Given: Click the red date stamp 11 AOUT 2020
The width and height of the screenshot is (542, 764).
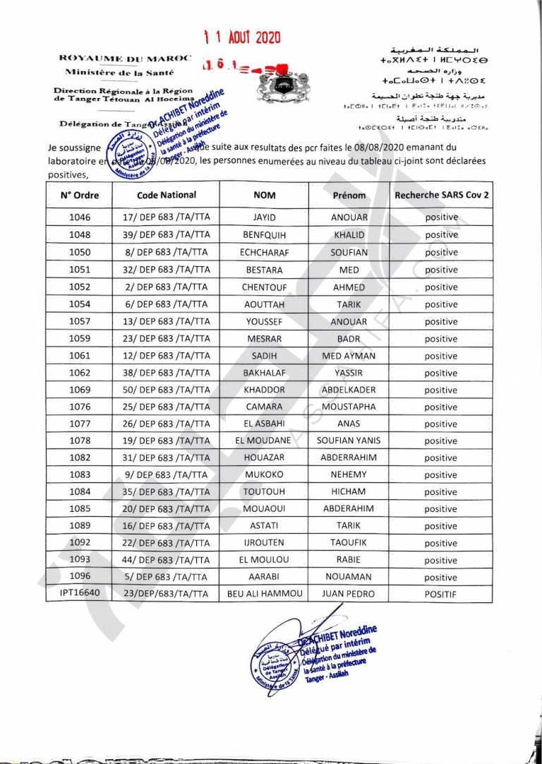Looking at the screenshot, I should (x=241, y=37).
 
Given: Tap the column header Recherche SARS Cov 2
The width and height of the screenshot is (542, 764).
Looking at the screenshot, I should (x=441, y=195).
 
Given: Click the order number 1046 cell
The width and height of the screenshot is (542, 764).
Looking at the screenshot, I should (x=80, y=218).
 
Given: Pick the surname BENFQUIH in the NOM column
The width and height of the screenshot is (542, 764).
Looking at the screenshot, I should (x=264, y=235).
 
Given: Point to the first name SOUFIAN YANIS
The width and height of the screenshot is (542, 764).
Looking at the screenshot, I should (x=349, y=441).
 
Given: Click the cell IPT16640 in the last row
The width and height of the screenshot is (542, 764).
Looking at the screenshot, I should (x=79, y=594).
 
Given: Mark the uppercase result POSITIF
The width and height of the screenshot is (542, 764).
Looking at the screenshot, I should (x=441, y=595).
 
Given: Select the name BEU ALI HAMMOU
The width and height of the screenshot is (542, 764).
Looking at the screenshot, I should (x=264, y=594).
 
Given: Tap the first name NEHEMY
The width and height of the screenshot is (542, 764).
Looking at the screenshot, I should (x=349, y=475).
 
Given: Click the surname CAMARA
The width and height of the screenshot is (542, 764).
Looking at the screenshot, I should (x=264, y=407).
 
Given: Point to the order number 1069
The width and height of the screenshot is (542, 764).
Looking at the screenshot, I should (x=80, y=390).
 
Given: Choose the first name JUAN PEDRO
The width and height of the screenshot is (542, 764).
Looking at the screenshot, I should (x=349, y=594).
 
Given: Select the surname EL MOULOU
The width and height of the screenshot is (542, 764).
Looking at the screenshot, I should (x=264, y=560).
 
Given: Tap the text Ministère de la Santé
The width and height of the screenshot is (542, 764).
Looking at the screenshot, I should (x=115, y=73).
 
